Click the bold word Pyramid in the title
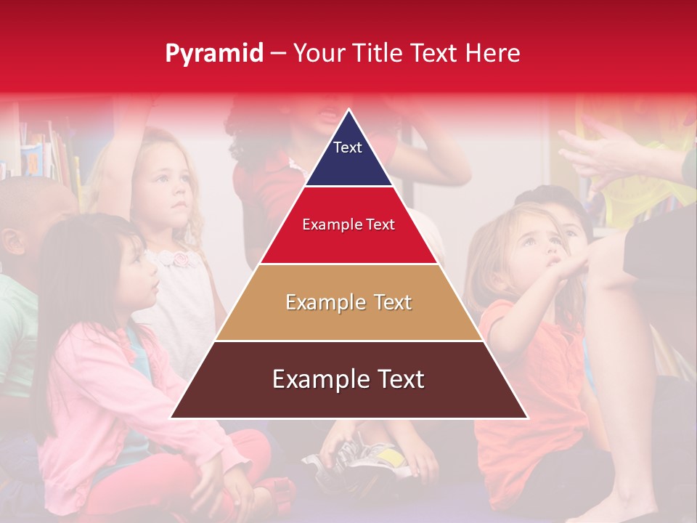214,54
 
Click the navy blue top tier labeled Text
348,156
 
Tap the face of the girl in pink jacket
138,270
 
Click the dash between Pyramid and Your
278,54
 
